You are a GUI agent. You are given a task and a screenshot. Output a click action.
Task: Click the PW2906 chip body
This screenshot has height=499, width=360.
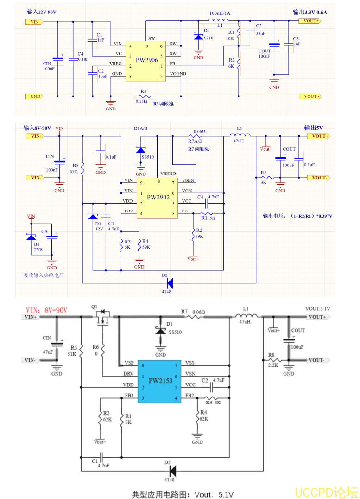pyautogui.click(x=146, y=60)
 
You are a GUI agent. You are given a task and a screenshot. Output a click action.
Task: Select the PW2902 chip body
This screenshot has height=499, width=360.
pyautogui.click(x=158, y=198)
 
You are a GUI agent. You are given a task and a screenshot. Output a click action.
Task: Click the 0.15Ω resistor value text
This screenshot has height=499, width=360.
pyautogui.click(x=141, y=102)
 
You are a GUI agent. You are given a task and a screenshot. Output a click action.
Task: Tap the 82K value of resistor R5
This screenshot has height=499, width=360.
pyautogui.click(x=74, y=172)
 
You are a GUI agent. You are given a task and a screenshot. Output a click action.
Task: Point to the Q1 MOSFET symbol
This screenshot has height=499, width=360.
pyautogui.click(x=103, y=318)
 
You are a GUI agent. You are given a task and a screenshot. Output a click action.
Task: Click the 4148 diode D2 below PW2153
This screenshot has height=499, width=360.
pyautogui.click(x=172, y=471)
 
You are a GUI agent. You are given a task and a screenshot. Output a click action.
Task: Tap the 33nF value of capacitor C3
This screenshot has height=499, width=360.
pyautogui.click(x=260, y=34)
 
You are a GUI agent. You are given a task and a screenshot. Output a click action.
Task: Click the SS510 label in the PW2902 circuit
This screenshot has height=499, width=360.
pyautogui.click(x=148, y=157)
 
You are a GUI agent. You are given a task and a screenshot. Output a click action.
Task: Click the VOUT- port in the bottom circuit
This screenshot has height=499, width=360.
pyautogui.click(x=316, y=360)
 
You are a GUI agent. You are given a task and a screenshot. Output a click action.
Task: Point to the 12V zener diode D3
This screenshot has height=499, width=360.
pyautogui.click(x=93, y=217)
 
